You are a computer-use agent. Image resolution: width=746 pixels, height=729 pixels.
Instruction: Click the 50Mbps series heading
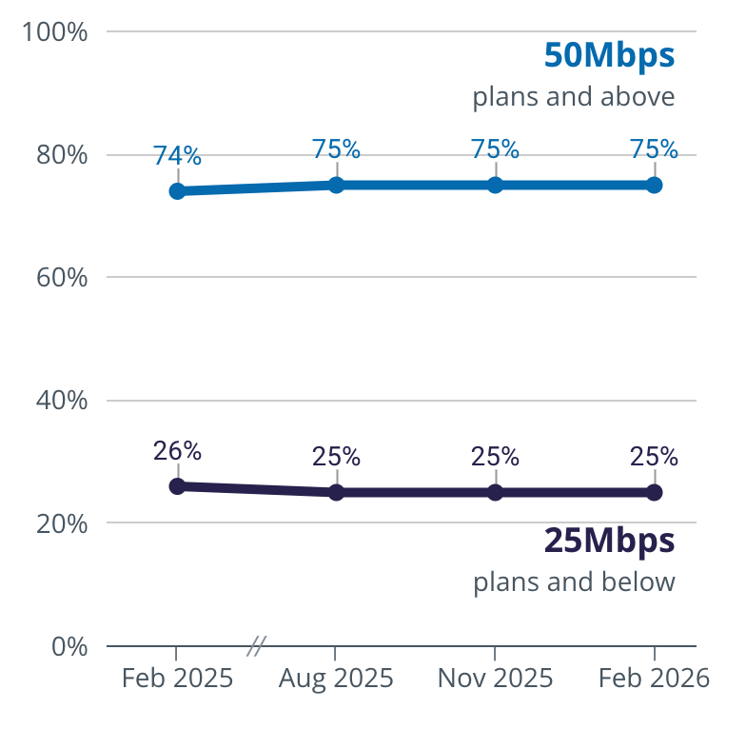click(609, 55)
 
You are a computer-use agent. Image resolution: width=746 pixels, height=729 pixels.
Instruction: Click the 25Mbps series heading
click(609, 540)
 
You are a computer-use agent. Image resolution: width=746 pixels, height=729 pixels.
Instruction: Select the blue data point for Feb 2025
click(177, 191)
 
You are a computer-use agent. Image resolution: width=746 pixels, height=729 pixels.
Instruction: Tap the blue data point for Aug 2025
click(336, 185)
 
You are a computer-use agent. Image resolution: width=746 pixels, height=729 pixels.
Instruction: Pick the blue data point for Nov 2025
click(495, 185)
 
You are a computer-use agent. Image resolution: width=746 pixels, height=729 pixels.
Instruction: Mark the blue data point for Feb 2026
click(655, 185)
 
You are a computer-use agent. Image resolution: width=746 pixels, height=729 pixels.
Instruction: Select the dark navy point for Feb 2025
click(177, 486)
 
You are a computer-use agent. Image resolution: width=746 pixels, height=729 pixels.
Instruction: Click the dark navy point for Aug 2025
click(336, 492)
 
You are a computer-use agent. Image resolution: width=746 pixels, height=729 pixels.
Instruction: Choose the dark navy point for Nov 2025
click(495, 492)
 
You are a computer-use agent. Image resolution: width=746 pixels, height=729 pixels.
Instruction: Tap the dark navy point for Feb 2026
click(655, 492)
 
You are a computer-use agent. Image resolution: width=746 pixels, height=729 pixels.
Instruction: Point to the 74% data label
click(177, 155)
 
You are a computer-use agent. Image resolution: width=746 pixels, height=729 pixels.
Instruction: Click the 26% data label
click(177, 450)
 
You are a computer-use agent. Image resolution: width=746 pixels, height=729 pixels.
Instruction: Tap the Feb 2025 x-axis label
click(177, 678)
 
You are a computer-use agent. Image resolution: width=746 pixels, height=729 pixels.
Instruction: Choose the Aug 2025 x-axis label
click(336, 678)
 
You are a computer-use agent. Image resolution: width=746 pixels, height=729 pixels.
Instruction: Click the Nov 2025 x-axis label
click(495, 678)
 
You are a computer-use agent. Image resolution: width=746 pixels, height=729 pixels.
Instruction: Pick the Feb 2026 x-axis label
click(653, 678)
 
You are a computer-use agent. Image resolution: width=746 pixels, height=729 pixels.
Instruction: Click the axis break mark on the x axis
click(255, 646)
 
